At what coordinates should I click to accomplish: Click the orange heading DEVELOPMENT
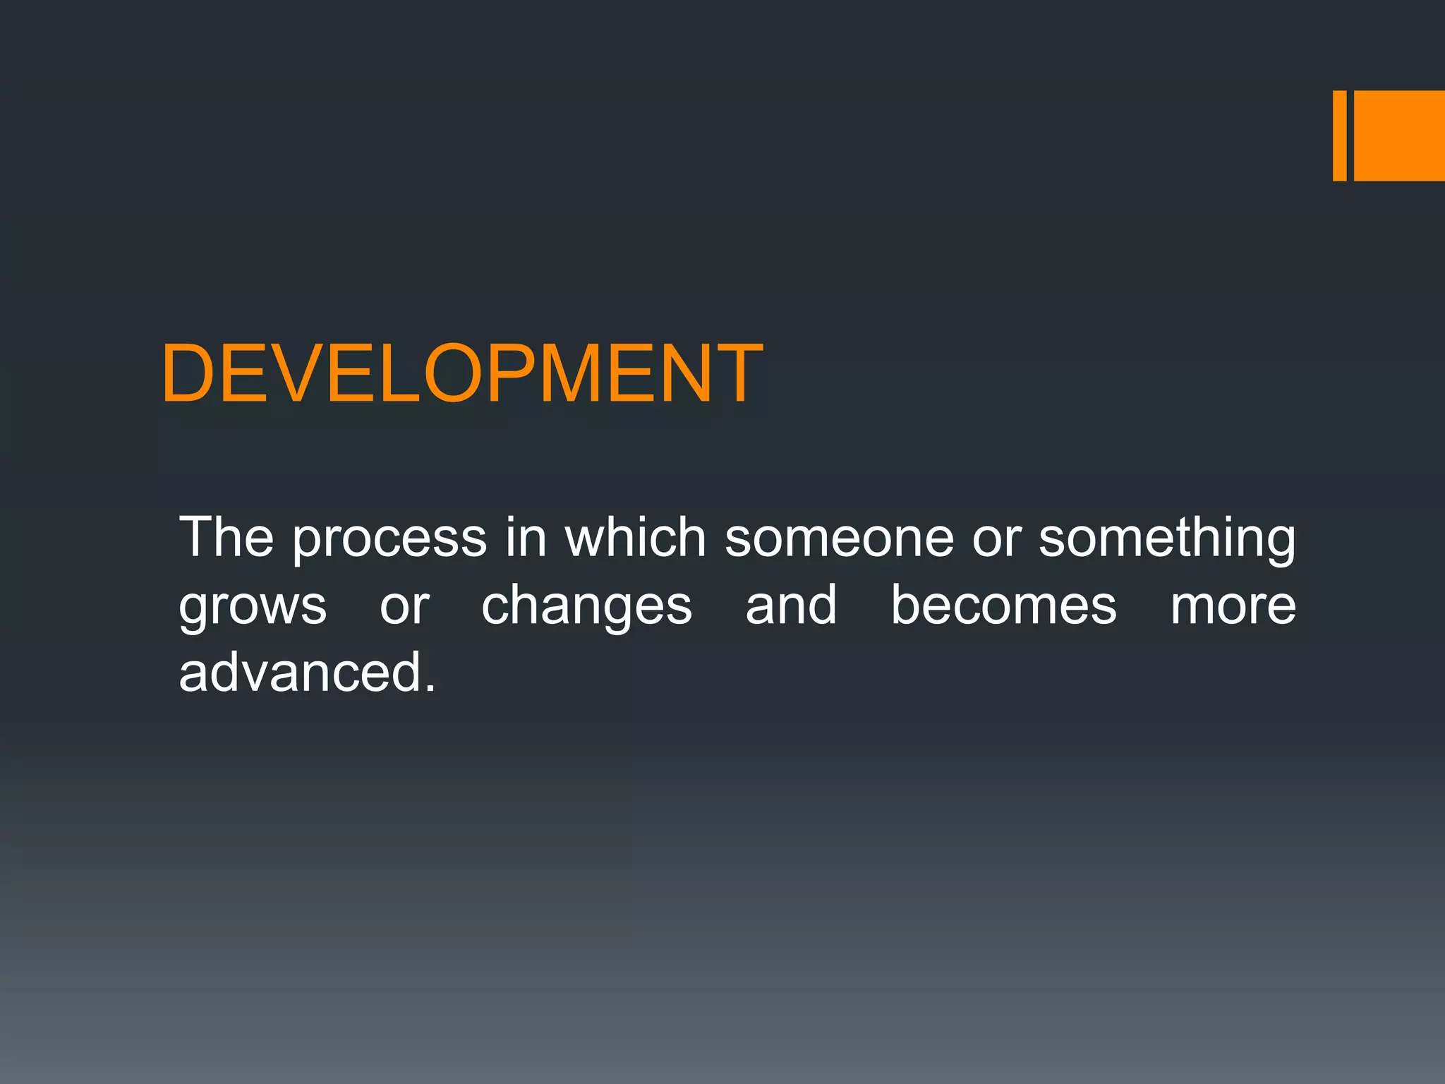coord(462,373)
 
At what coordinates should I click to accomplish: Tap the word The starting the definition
coord(226,538)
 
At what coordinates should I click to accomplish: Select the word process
coord(389,540)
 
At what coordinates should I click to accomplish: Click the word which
coord(635,538)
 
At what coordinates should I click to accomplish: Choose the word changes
coord(586,607)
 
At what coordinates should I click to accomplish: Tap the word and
coord(791,606)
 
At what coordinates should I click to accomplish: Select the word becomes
coord(1003,606)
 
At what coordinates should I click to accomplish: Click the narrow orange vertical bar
coord(1339,135)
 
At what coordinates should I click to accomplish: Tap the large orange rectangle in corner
coord(1399,135)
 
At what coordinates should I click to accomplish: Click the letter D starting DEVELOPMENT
coord(188,373)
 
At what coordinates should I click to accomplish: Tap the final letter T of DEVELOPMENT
coord(738,373)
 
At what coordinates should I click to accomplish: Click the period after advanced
coord(430,689)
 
